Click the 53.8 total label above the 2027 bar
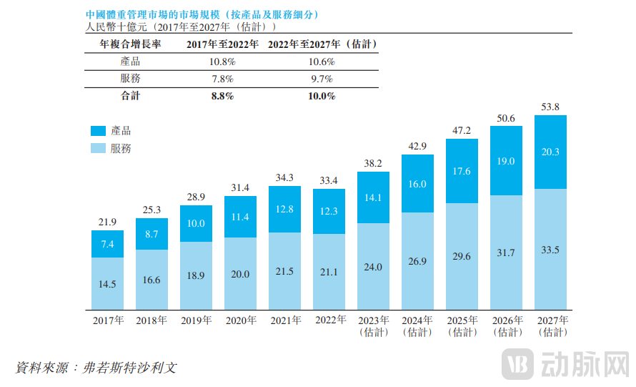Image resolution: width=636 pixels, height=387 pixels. click(x=550, y=107)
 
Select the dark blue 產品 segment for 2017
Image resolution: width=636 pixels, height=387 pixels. click(x=107, y=244)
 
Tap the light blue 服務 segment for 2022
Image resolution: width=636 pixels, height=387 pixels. click(x=329, y=271)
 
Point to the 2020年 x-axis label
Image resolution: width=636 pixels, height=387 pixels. click(x=241, y=320)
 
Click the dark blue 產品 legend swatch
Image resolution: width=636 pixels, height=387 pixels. click(x=98, y=131)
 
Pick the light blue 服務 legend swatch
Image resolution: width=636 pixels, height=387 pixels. click(x=98, y=149)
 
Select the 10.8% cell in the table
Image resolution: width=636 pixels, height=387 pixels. click(x=222, y=62)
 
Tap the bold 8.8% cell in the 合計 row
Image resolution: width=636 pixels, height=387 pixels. click(x=222, y=96)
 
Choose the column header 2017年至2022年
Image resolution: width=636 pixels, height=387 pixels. click(x=222, y=44)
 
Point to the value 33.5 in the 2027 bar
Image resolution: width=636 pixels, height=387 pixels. click(x=550, y=249)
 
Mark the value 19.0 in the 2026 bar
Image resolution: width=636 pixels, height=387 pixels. click(x=506, y=161)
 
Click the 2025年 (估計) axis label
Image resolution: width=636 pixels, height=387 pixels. click(x=462, y=326)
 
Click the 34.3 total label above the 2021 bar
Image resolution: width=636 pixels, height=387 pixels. click(x=284, y=177)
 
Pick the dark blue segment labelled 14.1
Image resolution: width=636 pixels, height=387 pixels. click(x=373, y=198)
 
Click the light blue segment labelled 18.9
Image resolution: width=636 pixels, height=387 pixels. click(x=196, y=275)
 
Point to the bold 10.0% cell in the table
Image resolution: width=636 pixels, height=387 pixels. click(x=321, y=96)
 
